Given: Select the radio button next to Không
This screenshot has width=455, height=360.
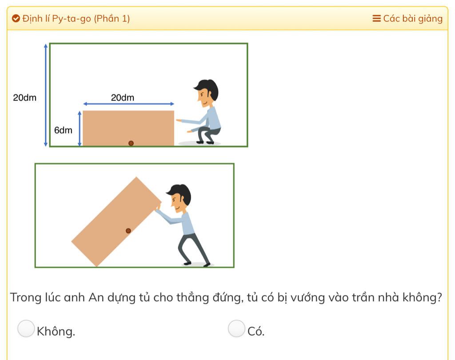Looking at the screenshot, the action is tap(26, 328).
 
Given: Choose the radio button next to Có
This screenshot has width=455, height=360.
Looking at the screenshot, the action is tap(236, 328).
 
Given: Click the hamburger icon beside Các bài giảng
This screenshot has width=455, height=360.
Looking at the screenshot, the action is tap(376, 19).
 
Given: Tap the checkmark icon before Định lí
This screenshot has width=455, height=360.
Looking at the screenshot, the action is tap(16, 19).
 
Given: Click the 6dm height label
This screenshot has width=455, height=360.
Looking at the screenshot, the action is tap(63, 130).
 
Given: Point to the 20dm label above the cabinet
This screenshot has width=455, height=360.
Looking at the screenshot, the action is tap(123, 97).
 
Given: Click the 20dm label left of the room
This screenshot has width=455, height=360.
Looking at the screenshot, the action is tap(25, 97).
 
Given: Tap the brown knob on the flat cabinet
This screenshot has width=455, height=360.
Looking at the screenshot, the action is tap(131, 143).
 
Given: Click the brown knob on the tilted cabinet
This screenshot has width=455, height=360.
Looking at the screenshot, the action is tap(128, 231).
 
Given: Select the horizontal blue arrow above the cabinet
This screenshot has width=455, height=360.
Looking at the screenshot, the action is tap(128, 104).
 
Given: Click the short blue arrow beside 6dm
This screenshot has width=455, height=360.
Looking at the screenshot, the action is tap(80, 128).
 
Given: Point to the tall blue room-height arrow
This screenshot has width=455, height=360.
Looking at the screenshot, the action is tap(46, 95).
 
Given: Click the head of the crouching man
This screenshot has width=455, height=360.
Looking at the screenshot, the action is tap(207, 92).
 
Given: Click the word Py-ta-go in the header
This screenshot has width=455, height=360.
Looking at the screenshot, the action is tap(72, 19).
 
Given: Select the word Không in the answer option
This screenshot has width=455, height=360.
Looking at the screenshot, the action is tap(56, 331).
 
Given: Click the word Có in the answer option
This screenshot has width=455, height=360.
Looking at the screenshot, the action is tap(255, 331).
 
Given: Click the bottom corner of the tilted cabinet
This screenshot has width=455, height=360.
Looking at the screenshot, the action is tap(96, 266).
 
